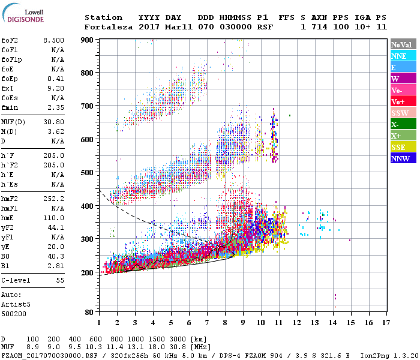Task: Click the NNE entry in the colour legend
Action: (x=402, y=56)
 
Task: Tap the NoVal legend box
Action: (x=402, y=44)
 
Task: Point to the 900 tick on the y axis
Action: (x=87, y=40)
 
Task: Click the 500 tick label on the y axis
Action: (x=87, y=173)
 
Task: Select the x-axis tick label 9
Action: (x=243, y=323)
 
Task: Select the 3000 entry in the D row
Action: (x=175, y=339)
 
